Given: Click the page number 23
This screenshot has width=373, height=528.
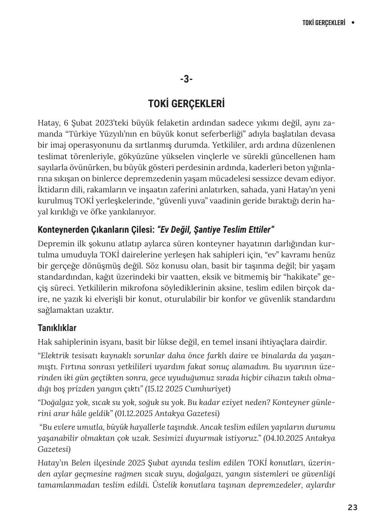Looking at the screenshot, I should pyautogui.click(x=352, y=507).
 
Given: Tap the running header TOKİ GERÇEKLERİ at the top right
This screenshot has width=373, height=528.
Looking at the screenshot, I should pyautogui.click(x=323, y=23).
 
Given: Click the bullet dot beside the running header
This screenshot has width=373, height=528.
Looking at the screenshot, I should pyautogui.click(x=353, y=23).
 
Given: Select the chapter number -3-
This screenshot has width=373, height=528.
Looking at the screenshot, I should pyautogui.click(x=186, y=79).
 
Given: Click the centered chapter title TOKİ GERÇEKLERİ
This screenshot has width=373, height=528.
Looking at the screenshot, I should pyautogui.click(x=186, y=104).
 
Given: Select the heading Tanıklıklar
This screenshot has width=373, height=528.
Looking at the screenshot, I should pyautogui.click(x=57, y=328).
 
